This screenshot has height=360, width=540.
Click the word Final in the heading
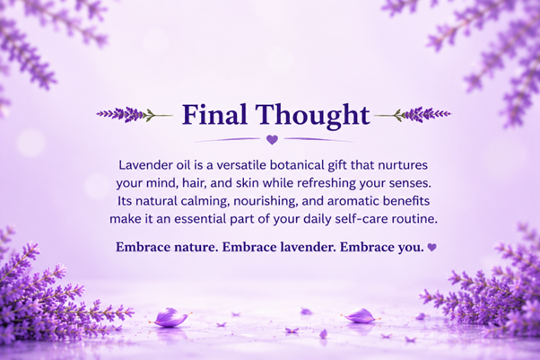point(214,114)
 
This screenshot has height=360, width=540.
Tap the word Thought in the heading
point(312,116)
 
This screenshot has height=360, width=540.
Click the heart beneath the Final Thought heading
point(272,140)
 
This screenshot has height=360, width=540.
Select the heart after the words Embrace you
point(431,247)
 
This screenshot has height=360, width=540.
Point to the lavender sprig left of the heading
point(135,115)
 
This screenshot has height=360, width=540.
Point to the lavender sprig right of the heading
point(413,115)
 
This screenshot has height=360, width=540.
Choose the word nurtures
point(403,165)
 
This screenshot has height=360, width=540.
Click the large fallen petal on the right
point(361,316)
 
